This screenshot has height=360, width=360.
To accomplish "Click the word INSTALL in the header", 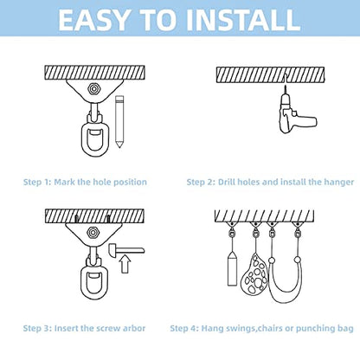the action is pos(243,20).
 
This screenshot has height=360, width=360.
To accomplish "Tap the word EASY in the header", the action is pos(93,20).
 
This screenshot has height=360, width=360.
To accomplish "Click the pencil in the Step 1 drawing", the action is pos(119,121).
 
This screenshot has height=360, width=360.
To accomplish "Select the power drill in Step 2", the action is pos(296,113).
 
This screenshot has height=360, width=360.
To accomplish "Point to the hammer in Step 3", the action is pos(126,250).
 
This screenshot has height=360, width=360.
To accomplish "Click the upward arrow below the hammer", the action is pos(125,264).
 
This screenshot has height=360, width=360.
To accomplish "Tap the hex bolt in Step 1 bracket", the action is pos(93,89).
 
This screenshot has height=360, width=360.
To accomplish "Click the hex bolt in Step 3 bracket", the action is pos(93,232).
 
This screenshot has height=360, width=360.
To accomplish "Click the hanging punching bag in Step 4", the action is pos(232,270).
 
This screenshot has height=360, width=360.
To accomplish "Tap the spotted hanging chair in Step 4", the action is pos(255,274).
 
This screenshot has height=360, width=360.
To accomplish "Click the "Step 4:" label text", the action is pos(184,329).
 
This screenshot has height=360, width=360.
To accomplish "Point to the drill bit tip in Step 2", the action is pos(285,86).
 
